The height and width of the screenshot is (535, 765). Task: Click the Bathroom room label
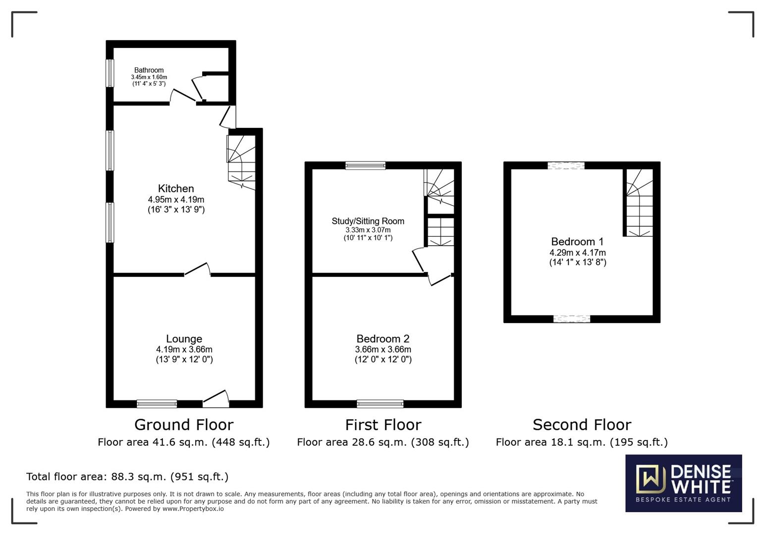[x=149, y=70]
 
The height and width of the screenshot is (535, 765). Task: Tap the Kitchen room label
[x=176, y=188]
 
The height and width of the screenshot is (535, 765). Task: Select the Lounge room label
[x=184, y=339]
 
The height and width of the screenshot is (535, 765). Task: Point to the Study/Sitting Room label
[x=368, y=221]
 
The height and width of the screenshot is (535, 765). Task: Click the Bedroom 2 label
[x=382, y=339]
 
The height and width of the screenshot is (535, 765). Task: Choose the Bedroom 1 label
[x=577, y=242]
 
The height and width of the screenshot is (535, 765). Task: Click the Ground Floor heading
[x=183, y=425]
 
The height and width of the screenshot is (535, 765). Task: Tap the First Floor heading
[x=382, y=425]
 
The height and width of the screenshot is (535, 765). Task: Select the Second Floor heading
[x=582, y=425]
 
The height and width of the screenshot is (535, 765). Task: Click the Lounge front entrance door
[x=216, y=398]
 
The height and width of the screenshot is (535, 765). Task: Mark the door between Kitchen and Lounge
[x=197, y=270]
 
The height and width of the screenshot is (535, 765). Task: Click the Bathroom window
[x=110, y=73]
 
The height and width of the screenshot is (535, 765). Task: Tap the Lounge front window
[x=157, y=404]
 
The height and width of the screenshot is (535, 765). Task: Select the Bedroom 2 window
[x=380, y=404]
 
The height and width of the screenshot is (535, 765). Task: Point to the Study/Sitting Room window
[x=365, y=165]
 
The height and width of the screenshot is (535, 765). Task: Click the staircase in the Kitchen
[x=241, y=161]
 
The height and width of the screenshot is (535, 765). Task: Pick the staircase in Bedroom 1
[x=639, y=203]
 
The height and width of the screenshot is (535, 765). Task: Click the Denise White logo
[x=683, y=483]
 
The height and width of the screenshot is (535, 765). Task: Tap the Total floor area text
[x=127, y=477]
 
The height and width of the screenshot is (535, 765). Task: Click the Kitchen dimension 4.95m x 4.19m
[x=176, y=200]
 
